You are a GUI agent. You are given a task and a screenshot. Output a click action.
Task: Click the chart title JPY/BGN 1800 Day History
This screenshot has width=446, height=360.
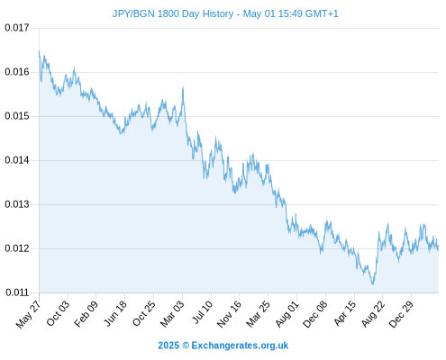click(x=173, y=13)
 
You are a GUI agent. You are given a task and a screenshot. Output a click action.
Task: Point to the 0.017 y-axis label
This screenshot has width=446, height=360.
click(x=17, y=28)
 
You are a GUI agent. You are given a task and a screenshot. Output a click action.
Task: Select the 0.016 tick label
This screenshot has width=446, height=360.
click(x=17, y=72)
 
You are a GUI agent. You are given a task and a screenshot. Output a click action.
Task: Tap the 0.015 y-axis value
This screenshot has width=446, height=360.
click(x=17, y=116)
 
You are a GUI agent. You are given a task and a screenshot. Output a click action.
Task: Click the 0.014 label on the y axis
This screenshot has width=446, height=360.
click(x=17, y=160)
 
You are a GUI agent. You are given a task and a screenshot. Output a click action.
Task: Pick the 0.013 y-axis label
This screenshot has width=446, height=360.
click(x=17, y=204)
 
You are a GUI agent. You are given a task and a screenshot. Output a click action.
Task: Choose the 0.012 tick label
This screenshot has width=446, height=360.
click(x=17, y=248)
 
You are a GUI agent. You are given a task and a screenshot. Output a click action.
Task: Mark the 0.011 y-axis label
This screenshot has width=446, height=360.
click(x=17, y=292)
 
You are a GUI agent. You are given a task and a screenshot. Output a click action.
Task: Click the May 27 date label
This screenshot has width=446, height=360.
click(x=28, y=314)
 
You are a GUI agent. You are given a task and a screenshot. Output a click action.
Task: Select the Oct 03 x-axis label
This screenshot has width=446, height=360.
click(x=58, y=313)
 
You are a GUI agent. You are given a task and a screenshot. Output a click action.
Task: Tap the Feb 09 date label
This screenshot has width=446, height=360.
click(x=86, y=313)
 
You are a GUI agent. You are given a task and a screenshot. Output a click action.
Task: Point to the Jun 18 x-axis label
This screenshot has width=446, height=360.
click(x=115, y=313)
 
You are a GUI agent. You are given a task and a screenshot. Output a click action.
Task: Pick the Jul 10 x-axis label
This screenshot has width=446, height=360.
click(x=202, y=312)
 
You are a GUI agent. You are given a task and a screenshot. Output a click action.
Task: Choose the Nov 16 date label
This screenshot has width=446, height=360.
click(x=229, y=314)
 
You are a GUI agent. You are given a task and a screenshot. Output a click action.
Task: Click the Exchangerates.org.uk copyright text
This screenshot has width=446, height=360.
click(x=240, y=346)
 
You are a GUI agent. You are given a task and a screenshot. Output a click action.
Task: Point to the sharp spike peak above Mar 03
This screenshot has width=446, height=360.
click(x=183, y=87)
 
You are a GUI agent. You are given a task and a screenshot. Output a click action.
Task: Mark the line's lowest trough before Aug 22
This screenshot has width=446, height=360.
click(x=373, y=283)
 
